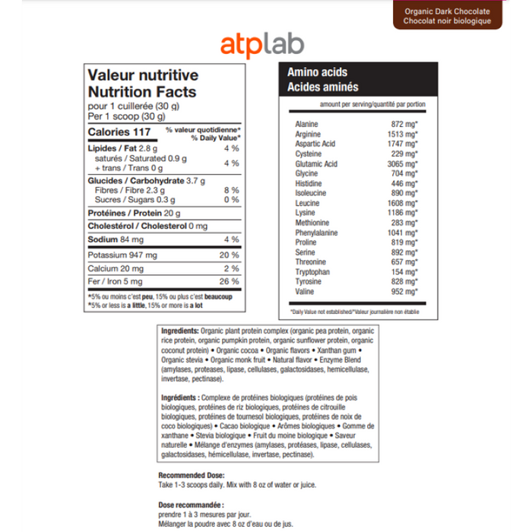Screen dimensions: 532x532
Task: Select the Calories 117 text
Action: pyautogui.click(x=120, y=133)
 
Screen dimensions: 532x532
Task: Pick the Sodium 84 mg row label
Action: pyautogui.click(x=115, y=240)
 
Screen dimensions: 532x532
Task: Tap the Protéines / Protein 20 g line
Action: pyautogui.click(x=135, y=213)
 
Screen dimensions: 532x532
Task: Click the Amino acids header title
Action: pyautogui.click(x=317, y=72)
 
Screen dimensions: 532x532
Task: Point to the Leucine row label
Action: pyautogui.click(x=307, y=203)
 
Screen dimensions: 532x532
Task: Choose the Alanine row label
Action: pyautogui.click(x=306, y=124)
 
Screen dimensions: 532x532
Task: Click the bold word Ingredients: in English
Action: pyautogui.click(x=180, y=331)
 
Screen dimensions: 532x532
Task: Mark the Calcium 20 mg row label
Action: pyautogui.click(x=116, y=268)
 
